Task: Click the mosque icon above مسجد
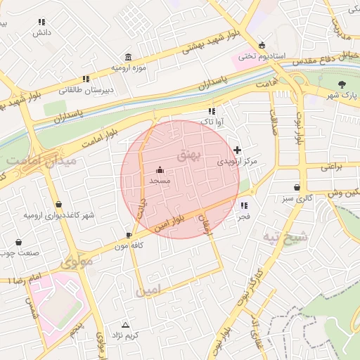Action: click(x=160, y=170)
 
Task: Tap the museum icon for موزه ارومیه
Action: click(x=128, y=57)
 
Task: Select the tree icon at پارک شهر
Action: click(x=342, y=84)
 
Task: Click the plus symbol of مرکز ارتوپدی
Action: click(x=238, y=150)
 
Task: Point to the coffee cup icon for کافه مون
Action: click(x=129, y=235)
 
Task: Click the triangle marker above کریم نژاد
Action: click(x=126, y=325)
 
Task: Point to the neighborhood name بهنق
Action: click(x=189, y=157)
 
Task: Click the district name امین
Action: click(x=150, y=289)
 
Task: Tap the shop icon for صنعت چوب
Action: click(x=18, y=243)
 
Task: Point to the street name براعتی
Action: click(x=335, y=167)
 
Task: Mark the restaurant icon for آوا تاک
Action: click(x=211, y=111)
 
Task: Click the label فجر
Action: click(x=243, y=217)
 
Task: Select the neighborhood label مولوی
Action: click(x=75, y=264)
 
